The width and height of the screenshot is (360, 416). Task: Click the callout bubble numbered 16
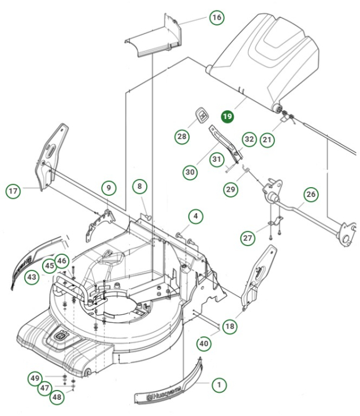tap(216, 18)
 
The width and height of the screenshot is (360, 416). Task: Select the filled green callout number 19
tap(227, 117)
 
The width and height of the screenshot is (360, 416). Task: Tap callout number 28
tap(183, 136)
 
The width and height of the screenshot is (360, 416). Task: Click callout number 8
tap(139, 186)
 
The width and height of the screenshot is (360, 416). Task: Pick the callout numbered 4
tap(196, 217)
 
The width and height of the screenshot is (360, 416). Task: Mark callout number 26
tap(311, 195)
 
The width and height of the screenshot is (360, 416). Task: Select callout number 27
tap(248, 237)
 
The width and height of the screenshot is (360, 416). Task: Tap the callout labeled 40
tap(203, 343)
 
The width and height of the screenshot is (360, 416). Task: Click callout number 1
tap(218, 384)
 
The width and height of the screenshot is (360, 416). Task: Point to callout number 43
tap(32, 278)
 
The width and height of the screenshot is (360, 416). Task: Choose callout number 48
tap(57, 397)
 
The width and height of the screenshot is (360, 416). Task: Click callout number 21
tap(266, 139)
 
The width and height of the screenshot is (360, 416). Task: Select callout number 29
tap(231, 189)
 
